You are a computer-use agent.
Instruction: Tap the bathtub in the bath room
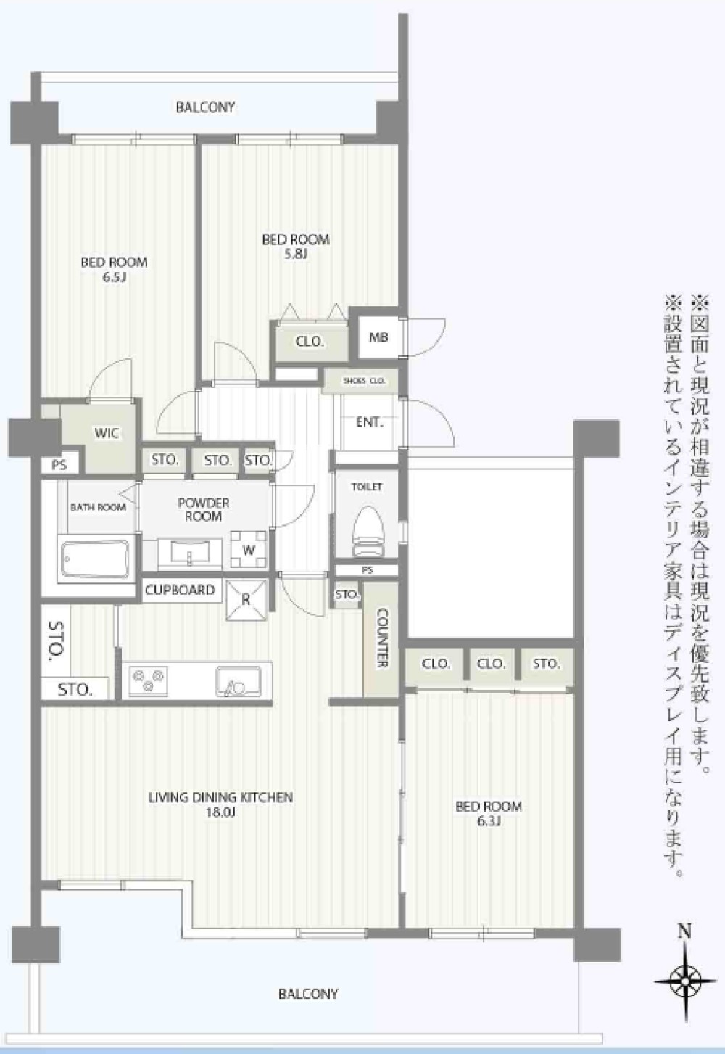coord(96,559)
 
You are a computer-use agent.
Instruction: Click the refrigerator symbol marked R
coord(246,600)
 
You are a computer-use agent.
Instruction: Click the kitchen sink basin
coord(239,681)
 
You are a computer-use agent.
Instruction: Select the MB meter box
coord(378,337)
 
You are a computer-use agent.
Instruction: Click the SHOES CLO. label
coord(365,381)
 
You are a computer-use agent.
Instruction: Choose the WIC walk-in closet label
coord(107,433)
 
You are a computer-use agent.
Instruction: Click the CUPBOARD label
coord(180,590)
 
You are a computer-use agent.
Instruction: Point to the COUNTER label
coord(382,638)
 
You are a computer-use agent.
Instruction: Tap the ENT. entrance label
coord(370,422)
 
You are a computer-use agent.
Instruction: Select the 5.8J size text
coord(296,255)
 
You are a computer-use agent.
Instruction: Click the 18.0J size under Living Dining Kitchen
coord(220,812)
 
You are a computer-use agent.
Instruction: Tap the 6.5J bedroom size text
coord(115,276)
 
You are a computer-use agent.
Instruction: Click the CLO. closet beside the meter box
coord(310,341)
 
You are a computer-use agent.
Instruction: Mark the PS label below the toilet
coord(368,570)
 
